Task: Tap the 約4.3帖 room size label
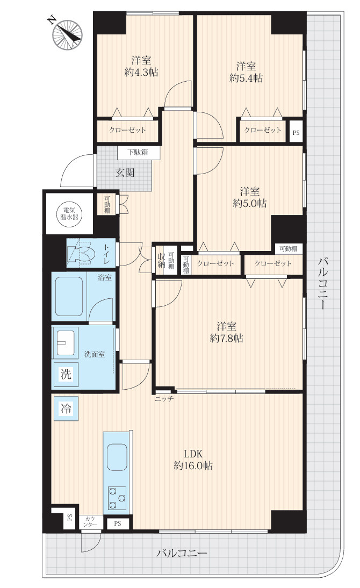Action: point(141,72)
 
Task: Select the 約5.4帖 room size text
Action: point(246,78)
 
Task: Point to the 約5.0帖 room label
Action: point(250,203)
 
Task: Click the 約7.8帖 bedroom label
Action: point(226,338)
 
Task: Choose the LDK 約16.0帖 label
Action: point(193,460)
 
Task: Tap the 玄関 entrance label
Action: point(125,173)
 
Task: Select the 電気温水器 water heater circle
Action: point(69,213)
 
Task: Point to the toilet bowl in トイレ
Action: point(83,253)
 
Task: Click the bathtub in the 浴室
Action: point(69,297)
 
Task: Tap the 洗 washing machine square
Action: point(66,374)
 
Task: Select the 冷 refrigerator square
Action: point(66,408)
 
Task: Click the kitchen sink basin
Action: point(117,457)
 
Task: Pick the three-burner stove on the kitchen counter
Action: point(117,498)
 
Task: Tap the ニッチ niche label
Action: point(164,399)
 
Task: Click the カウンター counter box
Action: point(90,522)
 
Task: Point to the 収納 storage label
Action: point(161,260)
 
